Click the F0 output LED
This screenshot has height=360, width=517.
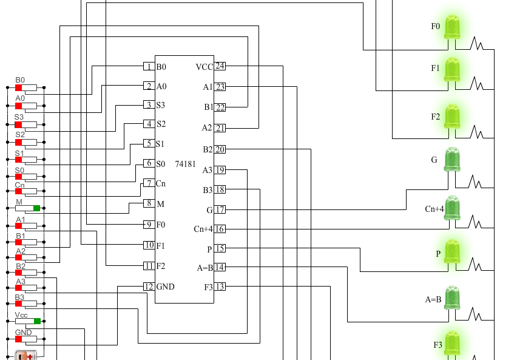tap(452, 27)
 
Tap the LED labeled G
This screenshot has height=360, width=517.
tap(452, 160)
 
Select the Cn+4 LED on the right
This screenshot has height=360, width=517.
tap(452, 208)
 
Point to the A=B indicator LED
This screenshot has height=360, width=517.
tap(452, 297)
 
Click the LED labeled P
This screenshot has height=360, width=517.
tap(452, 251)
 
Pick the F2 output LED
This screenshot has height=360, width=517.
tap(452, 116)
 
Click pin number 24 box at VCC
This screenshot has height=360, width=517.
tap(220, 66)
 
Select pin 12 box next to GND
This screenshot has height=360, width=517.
tap(148, 287)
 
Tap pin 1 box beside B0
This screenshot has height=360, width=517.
tap(148, 67)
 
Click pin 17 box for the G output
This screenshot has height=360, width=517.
tap(220, 209)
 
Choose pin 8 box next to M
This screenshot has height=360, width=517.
tap(148, 203)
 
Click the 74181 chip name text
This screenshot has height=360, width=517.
tap(185, 164)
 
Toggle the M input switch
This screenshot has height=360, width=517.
tap(28, 208)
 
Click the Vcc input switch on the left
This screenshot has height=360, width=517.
tap(28, 321)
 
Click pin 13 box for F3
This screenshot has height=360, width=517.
tap(220, 287)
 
